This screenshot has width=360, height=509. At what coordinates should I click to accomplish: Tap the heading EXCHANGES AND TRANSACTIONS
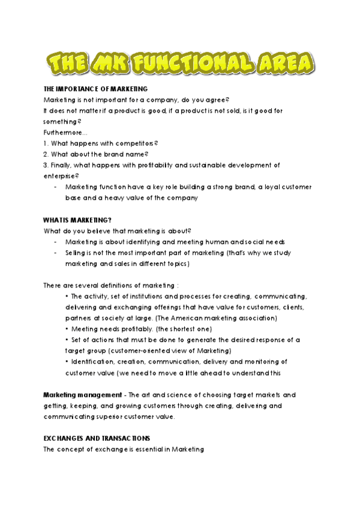click(97, 438)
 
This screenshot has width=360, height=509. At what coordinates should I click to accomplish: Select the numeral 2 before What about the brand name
click(46, 154)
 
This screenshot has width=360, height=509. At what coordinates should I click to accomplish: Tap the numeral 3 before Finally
click(46, 164)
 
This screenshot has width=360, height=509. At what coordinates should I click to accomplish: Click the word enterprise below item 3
click(59, 175)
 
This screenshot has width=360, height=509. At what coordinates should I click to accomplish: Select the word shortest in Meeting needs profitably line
click(187, 328)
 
